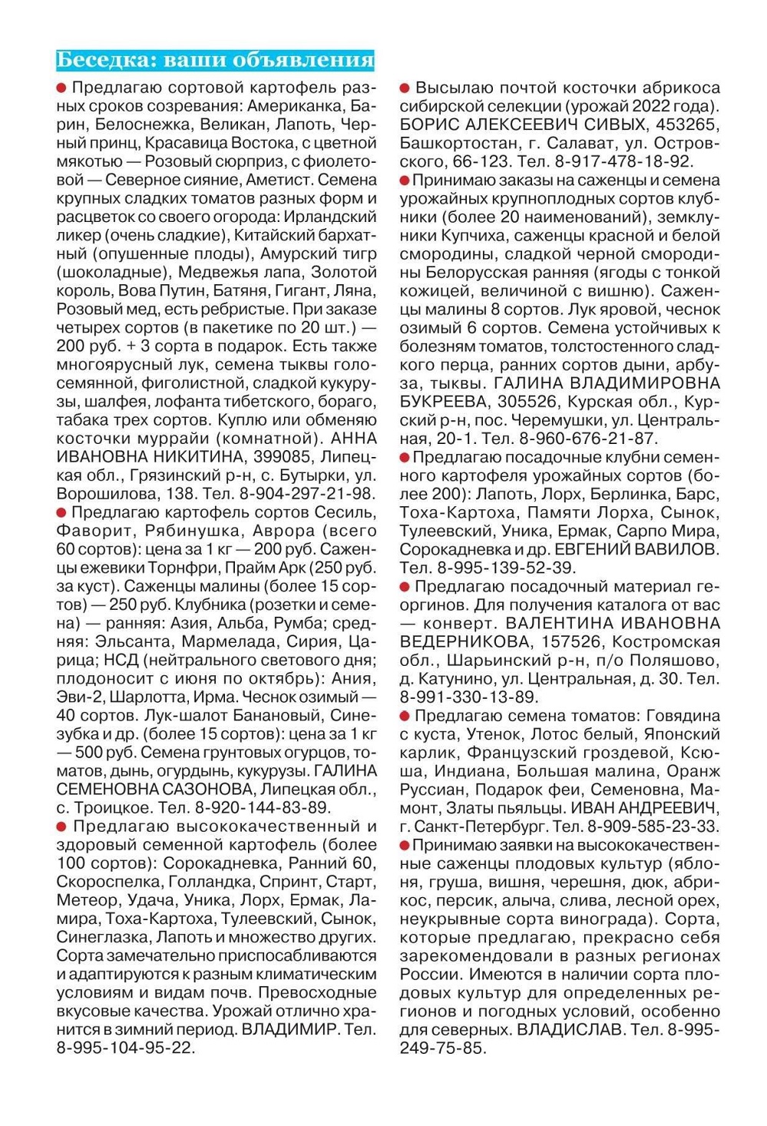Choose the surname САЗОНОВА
click(204, 790)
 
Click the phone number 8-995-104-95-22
click(124, 1048)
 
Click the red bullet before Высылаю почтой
click(405, 88)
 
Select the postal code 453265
click(685, 124)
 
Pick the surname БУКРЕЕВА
click(444, 402)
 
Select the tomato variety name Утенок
click(493, 734)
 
